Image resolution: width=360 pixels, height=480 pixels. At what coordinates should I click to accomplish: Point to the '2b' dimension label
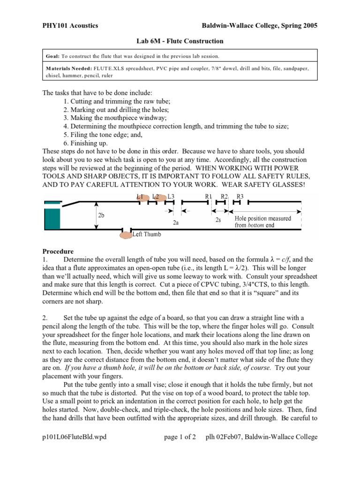click(x=101, y=215)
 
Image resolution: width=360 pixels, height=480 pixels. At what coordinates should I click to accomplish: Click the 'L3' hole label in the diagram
click(x=171, y=197)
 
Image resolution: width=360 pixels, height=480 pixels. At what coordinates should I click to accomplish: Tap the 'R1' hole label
click(x=209, y=197)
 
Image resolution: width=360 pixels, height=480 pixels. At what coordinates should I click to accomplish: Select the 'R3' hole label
click(x=240, y=197)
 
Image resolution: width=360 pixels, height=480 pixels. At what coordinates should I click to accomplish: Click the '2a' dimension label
click(x=176, y=223)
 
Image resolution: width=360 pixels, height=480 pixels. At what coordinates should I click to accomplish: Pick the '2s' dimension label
click(x=218, y=219)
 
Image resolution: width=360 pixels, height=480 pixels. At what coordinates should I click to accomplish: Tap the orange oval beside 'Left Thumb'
click(x=126, y=235)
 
